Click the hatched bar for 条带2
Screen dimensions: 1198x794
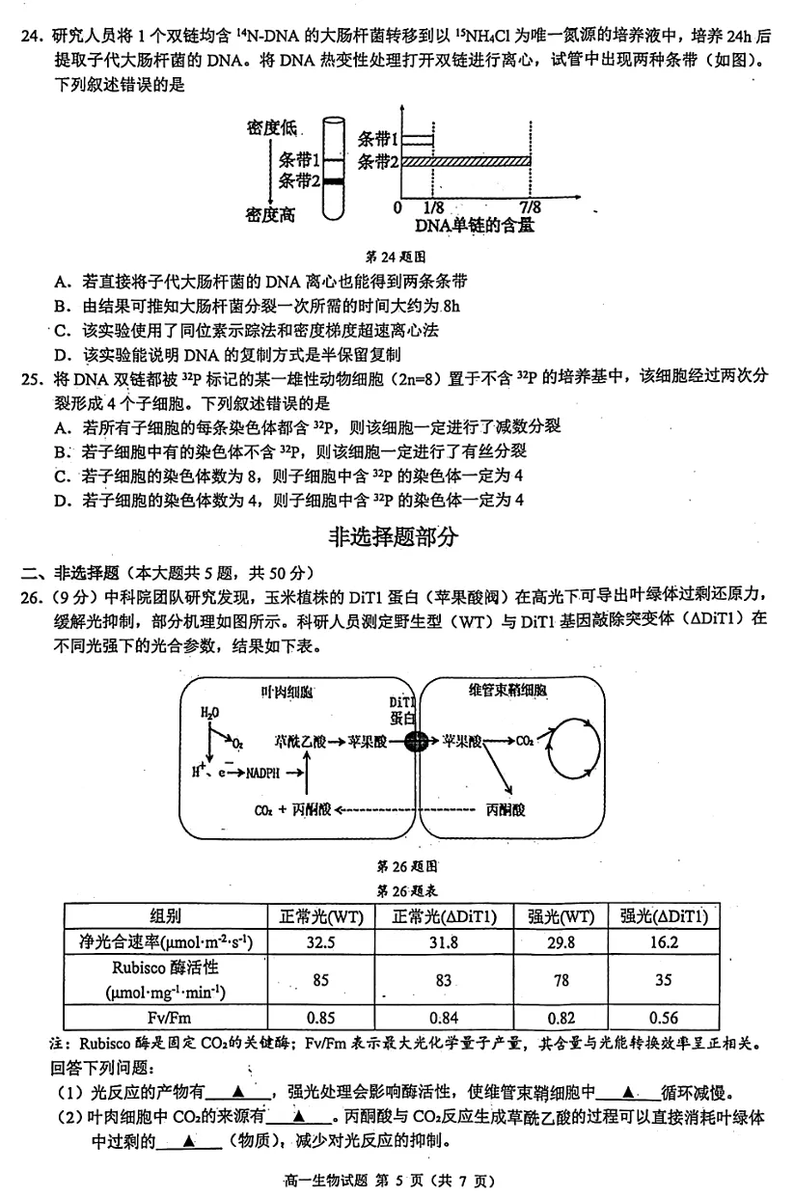[466, 161]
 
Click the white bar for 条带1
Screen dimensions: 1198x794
[417, 140]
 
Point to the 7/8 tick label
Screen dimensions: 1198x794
[531, 207]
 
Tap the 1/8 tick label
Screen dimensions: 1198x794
[433, 207]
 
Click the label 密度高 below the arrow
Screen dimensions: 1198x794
[270, 215]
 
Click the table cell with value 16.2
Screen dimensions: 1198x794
[664, 942]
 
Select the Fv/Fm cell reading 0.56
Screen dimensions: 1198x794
[664, 1018]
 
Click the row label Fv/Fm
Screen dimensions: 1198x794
[165, 1018]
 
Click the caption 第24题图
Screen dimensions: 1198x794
[397, 258]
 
